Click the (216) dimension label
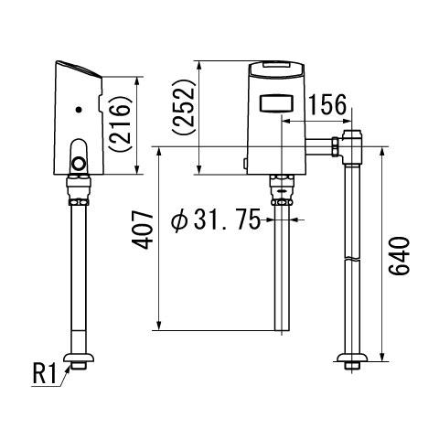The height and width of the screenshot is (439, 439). [121, 123]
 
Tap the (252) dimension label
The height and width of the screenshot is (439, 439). [183, 106]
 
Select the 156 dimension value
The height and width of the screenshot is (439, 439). [327, 105]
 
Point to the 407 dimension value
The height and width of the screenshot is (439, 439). [143, 231]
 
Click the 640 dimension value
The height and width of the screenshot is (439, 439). [399, 257]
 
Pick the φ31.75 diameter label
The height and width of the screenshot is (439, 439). [216, 219]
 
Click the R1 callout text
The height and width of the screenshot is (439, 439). [45, 374]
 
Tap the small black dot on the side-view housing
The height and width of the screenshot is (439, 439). [80, 109]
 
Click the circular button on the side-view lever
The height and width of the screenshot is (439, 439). [79, 163]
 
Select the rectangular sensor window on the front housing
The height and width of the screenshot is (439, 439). [276, 102]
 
